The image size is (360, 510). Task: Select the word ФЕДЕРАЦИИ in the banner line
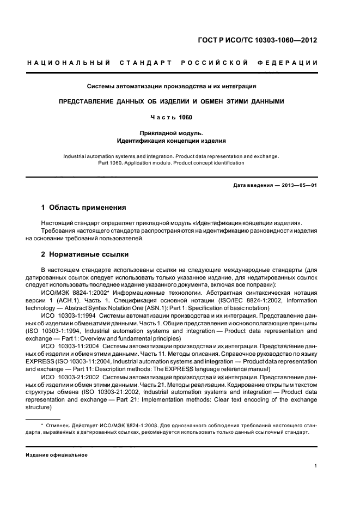pyautogui.click(x=295, y=64)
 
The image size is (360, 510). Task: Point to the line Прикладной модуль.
pyautogui.click(x=172, y=132)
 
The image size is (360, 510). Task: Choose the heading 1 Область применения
pyautogui.click(x=84, y=208)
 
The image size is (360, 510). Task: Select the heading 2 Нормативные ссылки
pyautogui.click(x=86, y=254)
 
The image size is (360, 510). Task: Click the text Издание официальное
pyautogui.click(x=57, y=455)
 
